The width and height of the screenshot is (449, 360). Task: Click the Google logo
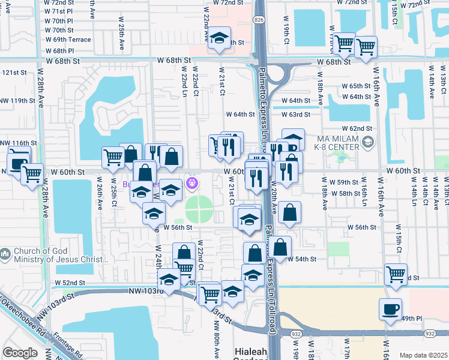tap(20, 352)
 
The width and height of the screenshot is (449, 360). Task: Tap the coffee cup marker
tap(390, 310)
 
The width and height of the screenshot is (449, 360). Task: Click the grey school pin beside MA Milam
tap(368, 143)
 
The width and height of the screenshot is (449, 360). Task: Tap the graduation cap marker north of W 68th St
tap(219, 38)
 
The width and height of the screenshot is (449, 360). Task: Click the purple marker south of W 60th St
tap(192, 182)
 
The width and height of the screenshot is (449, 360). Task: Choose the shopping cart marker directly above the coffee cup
tap(396, 274)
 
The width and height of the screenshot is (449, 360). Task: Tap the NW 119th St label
tap(18, 101)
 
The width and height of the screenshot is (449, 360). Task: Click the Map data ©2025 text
tap(424, 355)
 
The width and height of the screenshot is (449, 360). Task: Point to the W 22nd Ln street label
tap(184, 84)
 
